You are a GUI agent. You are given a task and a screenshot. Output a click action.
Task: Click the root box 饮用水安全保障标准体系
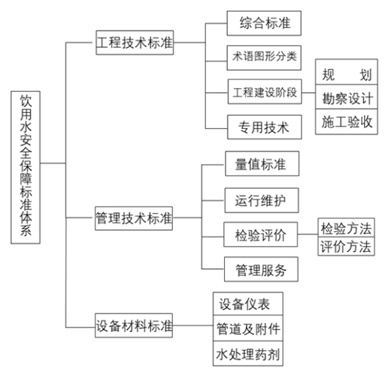click(26, 167)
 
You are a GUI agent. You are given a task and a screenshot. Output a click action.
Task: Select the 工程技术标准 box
click(135, 42)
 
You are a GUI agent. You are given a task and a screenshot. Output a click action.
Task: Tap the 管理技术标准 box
click(133, 218)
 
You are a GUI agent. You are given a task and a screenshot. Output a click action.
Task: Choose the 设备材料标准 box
click(133, 325)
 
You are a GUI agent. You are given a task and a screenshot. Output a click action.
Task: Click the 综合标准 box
click(264, 23)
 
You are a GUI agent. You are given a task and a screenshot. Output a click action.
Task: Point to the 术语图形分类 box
click(264, 58)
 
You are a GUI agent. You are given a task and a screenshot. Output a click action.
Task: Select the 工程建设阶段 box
click(265, 92)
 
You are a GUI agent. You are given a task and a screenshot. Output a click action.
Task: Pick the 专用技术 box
click(265, 127)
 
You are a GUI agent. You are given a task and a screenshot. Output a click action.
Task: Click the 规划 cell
click(347, 72)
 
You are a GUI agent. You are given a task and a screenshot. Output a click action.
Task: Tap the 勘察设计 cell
click(347, 97)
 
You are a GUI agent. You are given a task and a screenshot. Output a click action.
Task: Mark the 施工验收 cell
click(347, 122)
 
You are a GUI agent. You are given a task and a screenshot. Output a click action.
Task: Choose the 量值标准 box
click(262, 164)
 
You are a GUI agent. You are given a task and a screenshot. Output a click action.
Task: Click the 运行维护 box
click(261, 200)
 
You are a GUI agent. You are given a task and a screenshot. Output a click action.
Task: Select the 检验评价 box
click(261, 235)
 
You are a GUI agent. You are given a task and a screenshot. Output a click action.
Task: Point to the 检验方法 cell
click(346, 227)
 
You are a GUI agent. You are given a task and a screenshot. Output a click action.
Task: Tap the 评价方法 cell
click(346, 246)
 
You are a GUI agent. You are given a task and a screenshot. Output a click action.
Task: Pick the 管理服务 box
click(261, 269)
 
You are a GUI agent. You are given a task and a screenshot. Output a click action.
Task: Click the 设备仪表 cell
click(248, 304)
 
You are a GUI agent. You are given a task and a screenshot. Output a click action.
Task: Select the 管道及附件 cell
click(248, 328)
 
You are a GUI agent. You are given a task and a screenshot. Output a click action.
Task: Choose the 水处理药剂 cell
click(248, 354)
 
